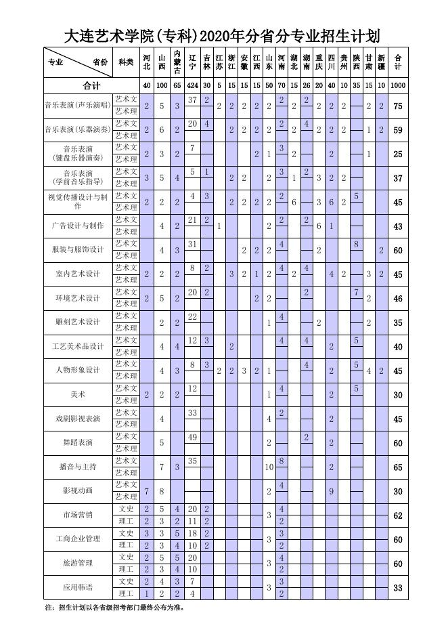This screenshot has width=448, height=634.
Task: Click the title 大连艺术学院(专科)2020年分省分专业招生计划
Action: (223, 35)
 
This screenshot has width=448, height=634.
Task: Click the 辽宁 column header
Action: (193, 62)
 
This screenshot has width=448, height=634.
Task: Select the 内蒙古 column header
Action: (177, 62)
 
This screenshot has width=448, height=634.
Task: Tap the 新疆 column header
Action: (382, 62)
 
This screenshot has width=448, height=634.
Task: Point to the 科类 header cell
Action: (126, 62)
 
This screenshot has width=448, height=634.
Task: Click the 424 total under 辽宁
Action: (193, 86)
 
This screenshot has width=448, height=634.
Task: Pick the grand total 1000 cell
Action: (398, 86)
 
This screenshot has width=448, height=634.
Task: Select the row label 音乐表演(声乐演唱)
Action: (77, 106)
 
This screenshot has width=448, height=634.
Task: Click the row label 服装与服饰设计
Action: (77, 250)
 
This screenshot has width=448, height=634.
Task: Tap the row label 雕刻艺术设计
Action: (77, 322)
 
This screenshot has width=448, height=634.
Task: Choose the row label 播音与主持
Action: (77, 467)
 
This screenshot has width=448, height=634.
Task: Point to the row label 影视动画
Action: (77, 490)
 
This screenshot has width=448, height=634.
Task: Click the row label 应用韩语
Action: (77, 587)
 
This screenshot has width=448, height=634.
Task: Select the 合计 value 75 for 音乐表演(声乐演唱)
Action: (398, 106)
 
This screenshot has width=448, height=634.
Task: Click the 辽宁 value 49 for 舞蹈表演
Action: (193, 437)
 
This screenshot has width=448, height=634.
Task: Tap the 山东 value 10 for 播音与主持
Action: (269, 467)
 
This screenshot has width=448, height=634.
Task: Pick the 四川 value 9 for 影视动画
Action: (332, 490)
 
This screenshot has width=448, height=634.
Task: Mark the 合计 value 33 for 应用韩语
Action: (398, 587)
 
